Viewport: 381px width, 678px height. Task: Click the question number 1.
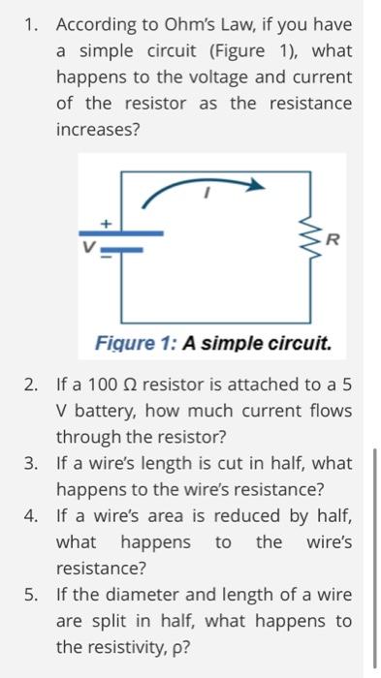click(32, 23)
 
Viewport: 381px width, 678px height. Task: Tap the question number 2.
click(32, 385)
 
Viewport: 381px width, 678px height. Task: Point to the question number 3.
click(32, 463)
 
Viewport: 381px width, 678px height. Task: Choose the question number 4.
click(32, 515)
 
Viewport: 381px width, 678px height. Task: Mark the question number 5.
click(32, 594)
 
